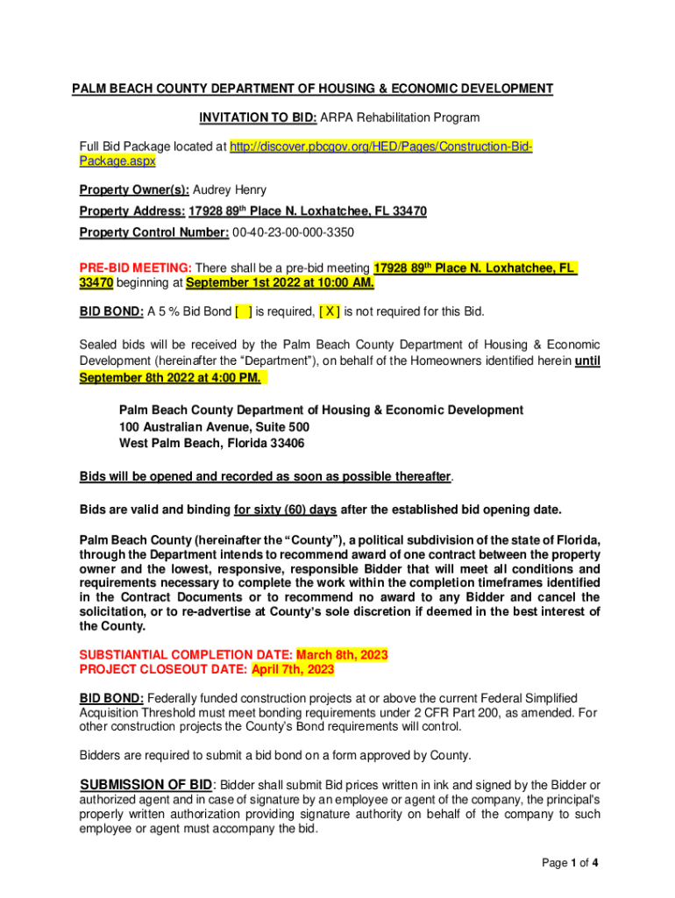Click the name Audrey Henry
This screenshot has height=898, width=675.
click(230, 189)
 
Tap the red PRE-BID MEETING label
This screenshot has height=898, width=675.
click(135, 267)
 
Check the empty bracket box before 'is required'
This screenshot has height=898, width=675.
click(244, 311)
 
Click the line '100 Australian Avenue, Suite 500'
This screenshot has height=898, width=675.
click(214, 427)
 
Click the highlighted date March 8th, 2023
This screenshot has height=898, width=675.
click(342, 655)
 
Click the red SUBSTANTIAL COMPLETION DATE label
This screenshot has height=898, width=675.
click(186, 655)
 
